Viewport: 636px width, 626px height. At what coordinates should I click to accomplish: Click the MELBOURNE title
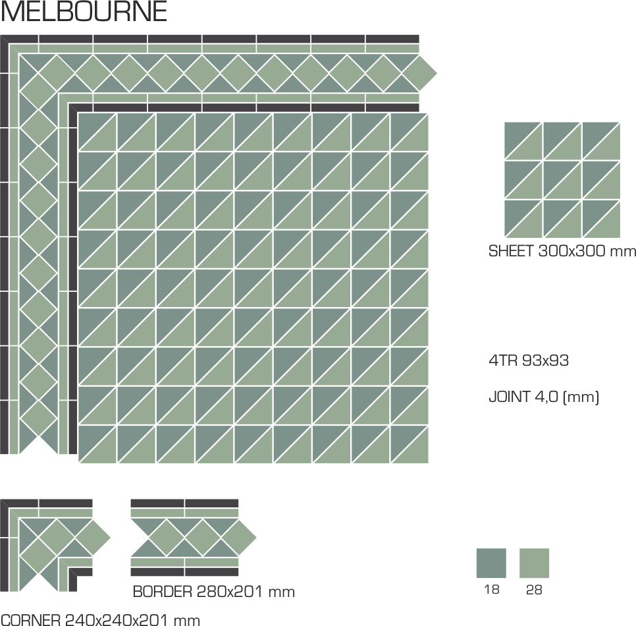[84, 11]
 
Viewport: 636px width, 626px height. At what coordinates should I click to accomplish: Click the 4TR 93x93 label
[529, 360]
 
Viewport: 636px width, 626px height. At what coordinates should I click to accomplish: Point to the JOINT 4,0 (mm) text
[544, 397]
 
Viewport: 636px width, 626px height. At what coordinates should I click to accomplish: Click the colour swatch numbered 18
[491, 563]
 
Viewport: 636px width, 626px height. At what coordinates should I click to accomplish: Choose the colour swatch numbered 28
[534, 563]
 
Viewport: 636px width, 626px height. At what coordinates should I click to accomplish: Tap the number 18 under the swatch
[492, 590]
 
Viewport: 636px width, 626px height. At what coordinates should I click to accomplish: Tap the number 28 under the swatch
[534, 590]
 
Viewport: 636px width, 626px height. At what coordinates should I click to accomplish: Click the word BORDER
[162, 592]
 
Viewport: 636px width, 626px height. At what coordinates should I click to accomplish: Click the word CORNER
[30, 620]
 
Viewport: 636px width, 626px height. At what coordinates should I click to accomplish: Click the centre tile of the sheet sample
[562, 180]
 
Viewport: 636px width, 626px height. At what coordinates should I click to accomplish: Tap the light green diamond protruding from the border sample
[238, 538]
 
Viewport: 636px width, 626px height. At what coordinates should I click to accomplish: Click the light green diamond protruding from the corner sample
[92, 538]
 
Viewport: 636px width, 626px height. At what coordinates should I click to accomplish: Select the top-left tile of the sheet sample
[523, 141]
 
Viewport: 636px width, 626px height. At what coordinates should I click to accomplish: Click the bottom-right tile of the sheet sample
[601, 219]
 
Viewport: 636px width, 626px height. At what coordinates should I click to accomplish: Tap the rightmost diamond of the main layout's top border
[419, 74]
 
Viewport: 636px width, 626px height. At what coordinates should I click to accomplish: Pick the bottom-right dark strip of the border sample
[212, 572]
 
